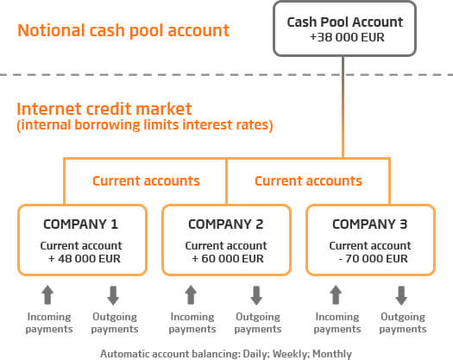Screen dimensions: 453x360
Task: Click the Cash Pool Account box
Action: pyautogui.click(x=344, y=28)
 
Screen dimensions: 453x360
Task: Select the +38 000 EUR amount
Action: pyautogui.click(x=347, y=38)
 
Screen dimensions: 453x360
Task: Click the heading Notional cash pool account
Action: pyautogui.click(x=123, y=31)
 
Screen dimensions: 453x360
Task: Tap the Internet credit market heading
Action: pyautogui.click(x=104, y=109)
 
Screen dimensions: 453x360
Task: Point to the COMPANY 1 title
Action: pyautogui.click(x=80, y=224)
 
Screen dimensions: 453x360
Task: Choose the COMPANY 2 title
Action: pyautogui.click(x=225, y=224)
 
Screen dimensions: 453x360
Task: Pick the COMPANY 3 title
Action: pyautogui.click(x=370, y=224)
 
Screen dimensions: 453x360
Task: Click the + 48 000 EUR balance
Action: pyautogui.click(x=84, y=258)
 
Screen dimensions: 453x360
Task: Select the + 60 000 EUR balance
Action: pyautogui.click(x=228, y=258)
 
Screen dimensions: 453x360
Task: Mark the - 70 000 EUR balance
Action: pyautogui.click(x=373, y=258)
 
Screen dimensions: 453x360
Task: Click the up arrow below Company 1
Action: pyautogui.click(x=47, y=295)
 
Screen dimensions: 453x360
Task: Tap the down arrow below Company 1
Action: pyautogui.click(x=113, y=295)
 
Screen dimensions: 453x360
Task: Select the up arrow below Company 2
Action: pyautogui.click(x=191, y=295)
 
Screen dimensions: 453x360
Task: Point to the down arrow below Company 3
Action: pyautogui.click(x=401, y=295)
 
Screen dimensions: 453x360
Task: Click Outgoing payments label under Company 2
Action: pyautogui.click(x=258, y=323)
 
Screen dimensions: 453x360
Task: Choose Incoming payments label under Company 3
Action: pyautogui.click(x=337, y=323)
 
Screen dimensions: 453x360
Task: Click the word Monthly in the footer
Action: pyautogui.click(x=332, y=354)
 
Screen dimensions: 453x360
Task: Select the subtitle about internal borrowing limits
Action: pyautogui.click(x=145, y=125)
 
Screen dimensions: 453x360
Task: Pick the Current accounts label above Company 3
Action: pyautogui.click(x=308, y=181)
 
